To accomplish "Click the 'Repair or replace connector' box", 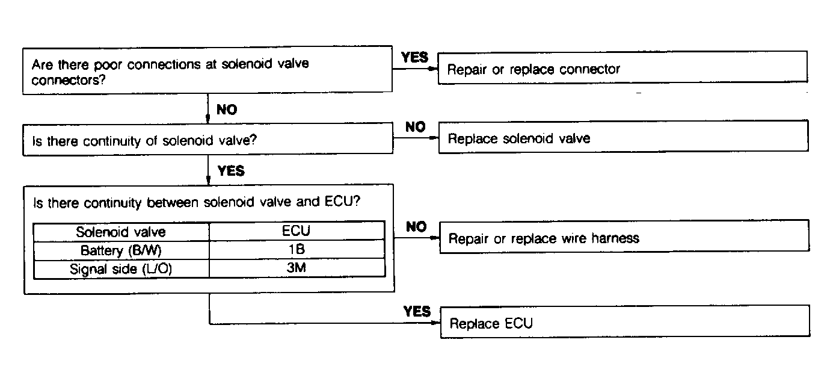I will [622, 67].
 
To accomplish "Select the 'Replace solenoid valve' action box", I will [622, 137].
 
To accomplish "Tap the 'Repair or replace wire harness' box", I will [624, 237].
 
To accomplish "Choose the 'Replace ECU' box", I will [625, 321].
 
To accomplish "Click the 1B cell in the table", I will [297, 249].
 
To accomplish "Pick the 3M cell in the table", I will [297, 268].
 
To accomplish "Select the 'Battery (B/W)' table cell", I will [121, 250].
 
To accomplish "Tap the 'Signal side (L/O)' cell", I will [121, 268].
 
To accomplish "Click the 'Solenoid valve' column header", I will [121, 232].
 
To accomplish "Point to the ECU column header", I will [297, 231].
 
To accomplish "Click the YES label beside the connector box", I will [414, 57].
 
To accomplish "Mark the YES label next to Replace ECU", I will [417, 311].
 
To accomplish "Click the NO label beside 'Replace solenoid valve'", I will [415, 127].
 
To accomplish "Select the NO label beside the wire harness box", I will [416, 227].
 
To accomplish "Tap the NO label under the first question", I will [226, 110].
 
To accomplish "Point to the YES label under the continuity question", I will [231, 171].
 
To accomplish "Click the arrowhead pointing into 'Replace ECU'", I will [435, 323].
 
